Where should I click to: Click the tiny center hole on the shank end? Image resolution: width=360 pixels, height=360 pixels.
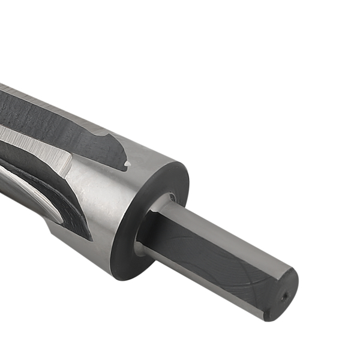pyautogui.click(x=285, y=295)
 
